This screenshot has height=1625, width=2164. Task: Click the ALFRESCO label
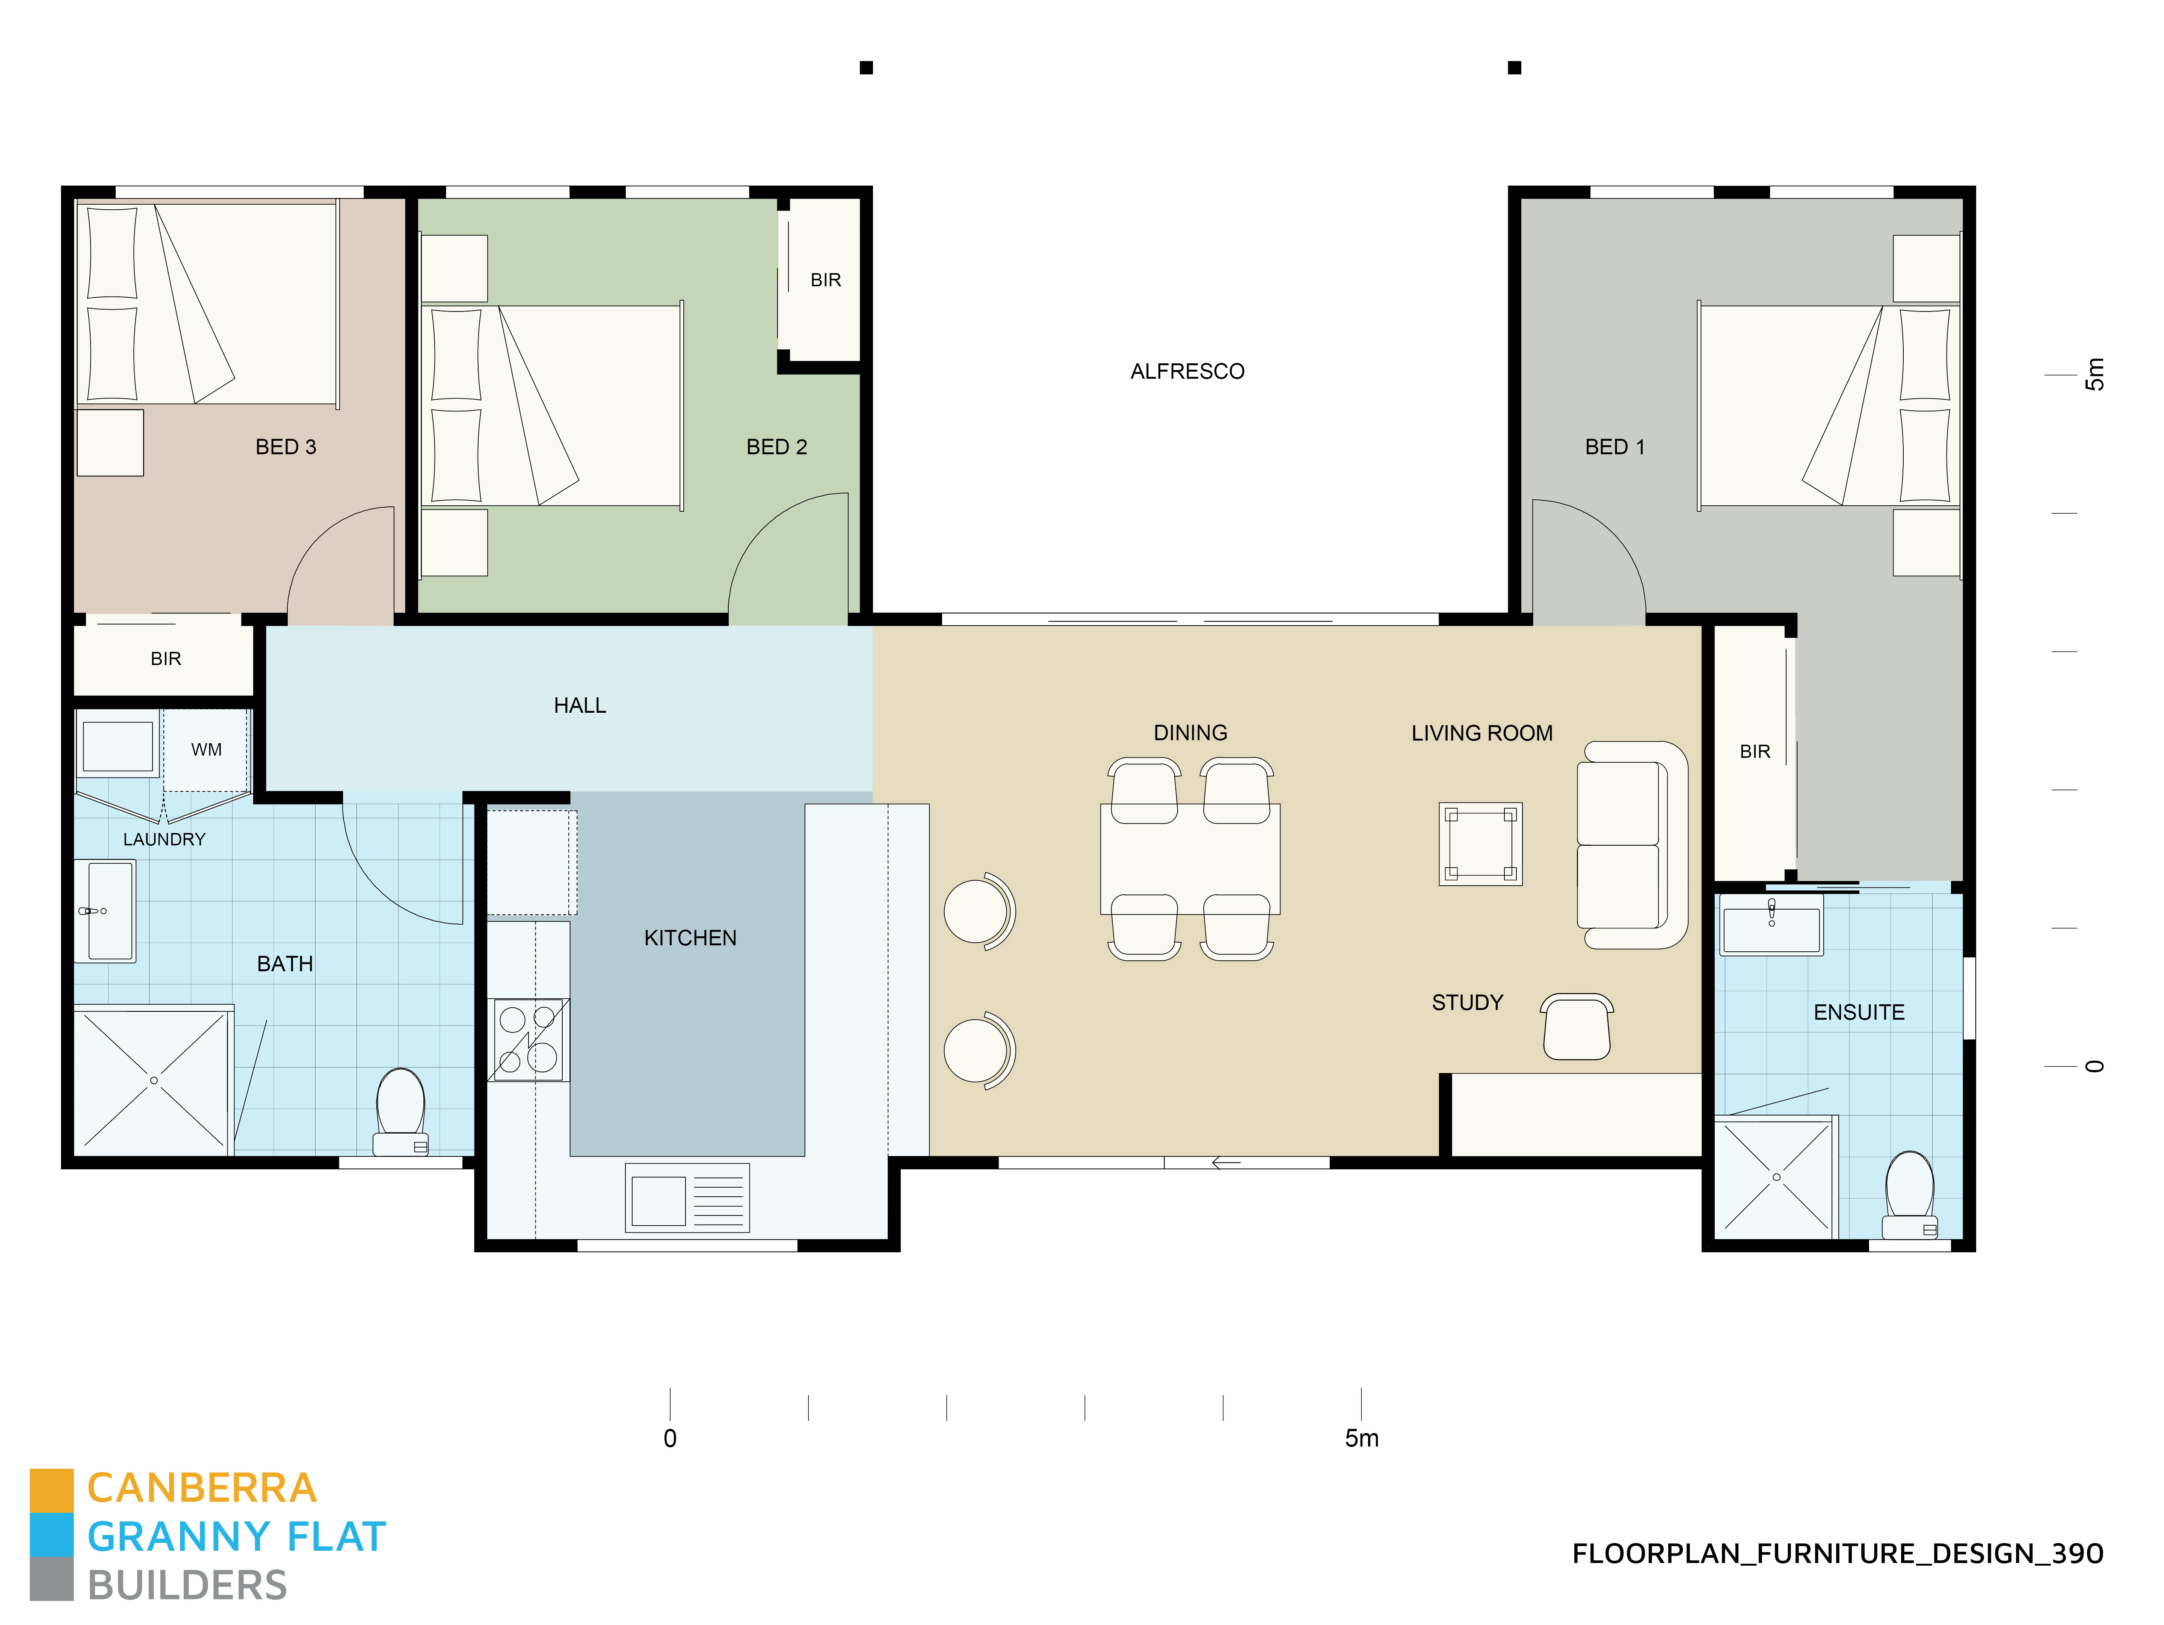(x=1187, y=372)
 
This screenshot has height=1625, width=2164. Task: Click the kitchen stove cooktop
(x=528, y=1039)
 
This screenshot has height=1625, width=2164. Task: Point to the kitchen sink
(x=687, y=1197)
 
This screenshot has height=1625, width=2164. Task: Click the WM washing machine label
(x=207, y=750)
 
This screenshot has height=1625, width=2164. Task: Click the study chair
(x=1576, y=1026)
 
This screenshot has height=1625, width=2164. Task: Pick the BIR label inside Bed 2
(x=826, y=280)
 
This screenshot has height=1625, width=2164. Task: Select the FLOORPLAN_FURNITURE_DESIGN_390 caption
(x=1837, y=1554)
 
